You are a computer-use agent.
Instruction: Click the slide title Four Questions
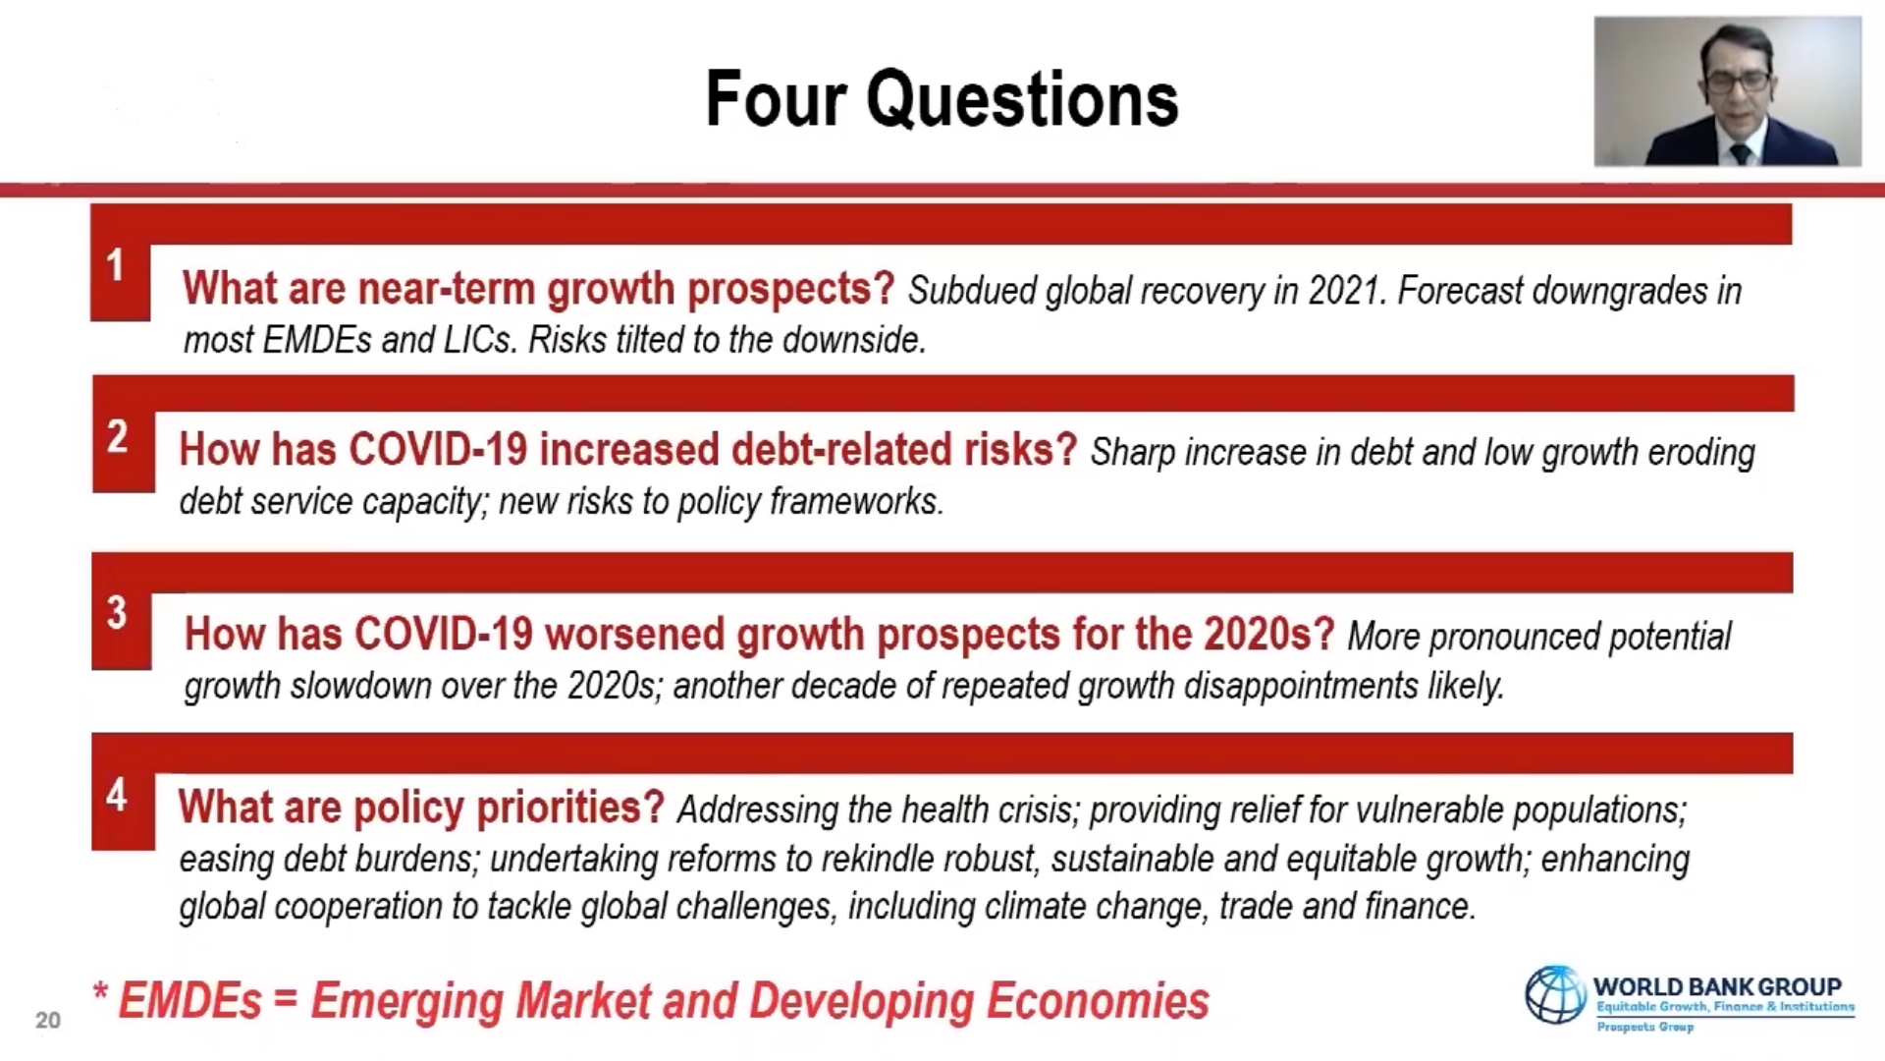click(x=942, y=99)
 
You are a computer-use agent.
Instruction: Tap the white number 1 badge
click(x=116, y=265)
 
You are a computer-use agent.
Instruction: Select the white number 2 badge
click(x=117, y=436)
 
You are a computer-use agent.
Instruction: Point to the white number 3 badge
click(x=117, y=613)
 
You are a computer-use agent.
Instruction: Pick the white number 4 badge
click(x=117, y=795)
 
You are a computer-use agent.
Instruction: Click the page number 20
click(x=48, y=1020)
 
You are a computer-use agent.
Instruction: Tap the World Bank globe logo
click(x=1555, y=994)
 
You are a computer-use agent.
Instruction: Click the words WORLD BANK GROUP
click(x=1717, y=986)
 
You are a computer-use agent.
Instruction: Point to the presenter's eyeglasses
click(x=1739, y=82)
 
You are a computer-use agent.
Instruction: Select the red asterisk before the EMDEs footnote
click(x=100, y=990)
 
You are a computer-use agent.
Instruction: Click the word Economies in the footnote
click(x=1098, y=1001)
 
